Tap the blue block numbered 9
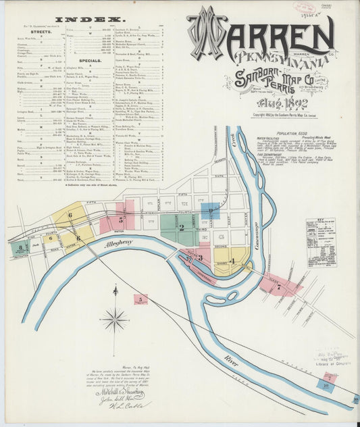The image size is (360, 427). [210, 211]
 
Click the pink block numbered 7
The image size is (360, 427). [278, 286]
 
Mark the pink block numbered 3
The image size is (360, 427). [198, 257]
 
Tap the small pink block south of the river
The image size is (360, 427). [140, 299]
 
